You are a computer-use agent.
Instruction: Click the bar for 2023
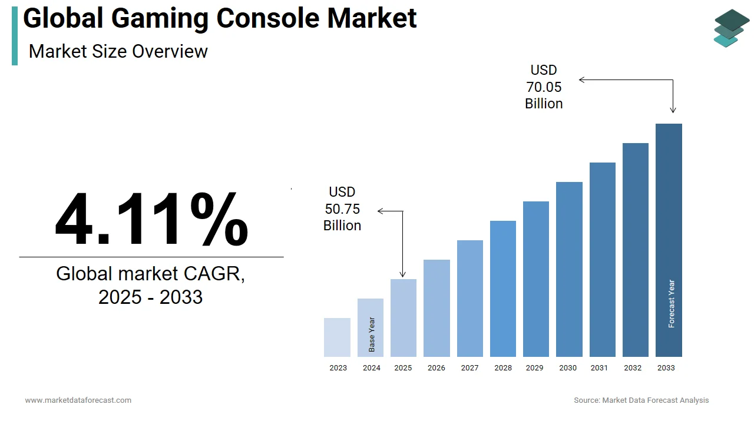pos(337,337)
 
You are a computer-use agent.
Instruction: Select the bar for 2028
pos(502,289)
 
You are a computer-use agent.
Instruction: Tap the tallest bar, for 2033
pos(669,240)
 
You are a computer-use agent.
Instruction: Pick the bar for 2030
pos(569,269)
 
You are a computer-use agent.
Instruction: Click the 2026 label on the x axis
pos(436,368)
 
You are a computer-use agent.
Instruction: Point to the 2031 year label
pos(599,368)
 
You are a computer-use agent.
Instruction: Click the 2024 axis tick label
pos(372,368)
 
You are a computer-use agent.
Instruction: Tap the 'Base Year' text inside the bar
pos(372,334)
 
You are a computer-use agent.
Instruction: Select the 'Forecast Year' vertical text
pos(672,304)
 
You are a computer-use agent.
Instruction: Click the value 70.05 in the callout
pos(544,87)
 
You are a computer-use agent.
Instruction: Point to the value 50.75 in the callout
pos(342,209)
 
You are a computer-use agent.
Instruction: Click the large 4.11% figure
pos(151,219)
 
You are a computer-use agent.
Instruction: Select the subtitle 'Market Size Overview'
pos(118,51)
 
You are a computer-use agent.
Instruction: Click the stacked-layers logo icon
pos(732,28)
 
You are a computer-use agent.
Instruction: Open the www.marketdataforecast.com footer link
pos(78,400)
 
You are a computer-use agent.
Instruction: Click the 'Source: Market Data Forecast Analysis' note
pos(641,400)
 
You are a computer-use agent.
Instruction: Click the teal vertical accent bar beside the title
pos(15,36)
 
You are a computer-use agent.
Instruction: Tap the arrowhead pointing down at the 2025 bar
pos(403,274)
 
